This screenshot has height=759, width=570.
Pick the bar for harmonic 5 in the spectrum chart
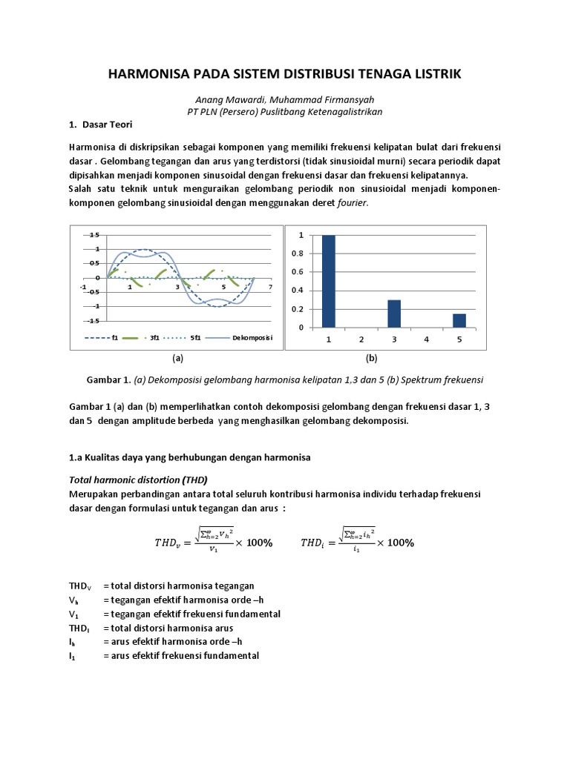coord(459,320)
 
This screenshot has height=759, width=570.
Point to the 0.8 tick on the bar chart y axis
coord(300,253)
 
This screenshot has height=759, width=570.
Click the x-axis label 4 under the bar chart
coord(427,339)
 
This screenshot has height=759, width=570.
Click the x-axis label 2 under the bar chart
coord(361,339)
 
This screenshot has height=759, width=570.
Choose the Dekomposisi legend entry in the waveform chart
coord(252,337)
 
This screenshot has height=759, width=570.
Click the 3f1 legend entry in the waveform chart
coord(153,337)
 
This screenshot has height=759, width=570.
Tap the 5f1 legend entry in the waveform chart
coord(195,337)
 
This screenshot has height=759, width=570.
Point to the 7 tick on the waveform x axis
coord(271,286)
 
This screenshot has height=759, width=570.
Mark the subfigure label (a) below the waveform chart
coord(177,358)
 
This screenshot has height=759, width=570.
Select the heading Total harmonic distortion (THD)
coord(138,479)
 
